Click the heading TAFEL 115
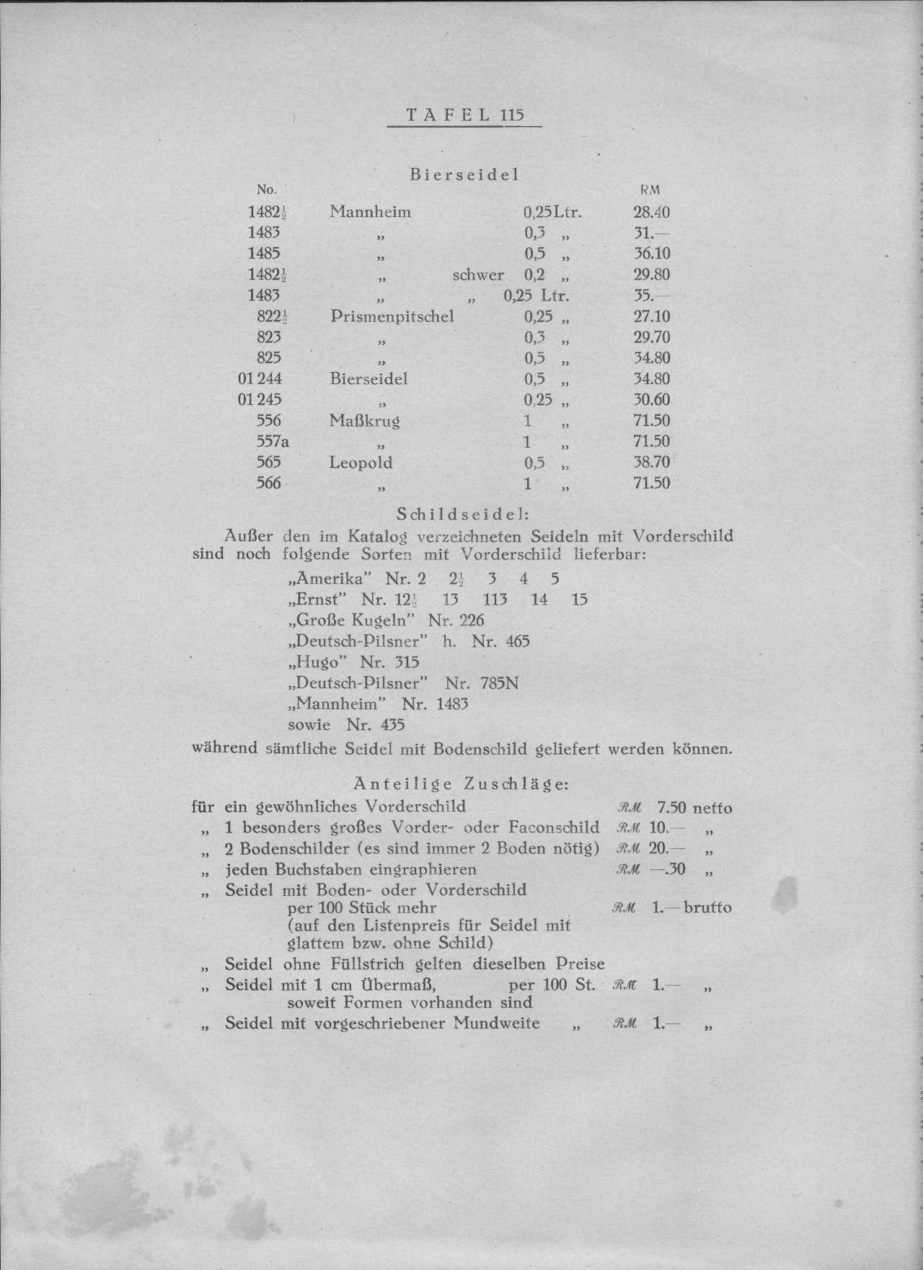(x=464, y=115)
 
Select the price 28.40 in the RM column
(x=651, y=212)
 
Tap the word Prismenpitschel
(x=392, y=316)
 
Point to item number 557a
(x=273, y=441)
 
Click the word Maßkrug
(x=364, y=420)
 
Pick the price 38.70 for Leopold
(x=651, y=462)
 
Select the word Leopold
(x=361, y=462)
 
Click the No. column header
(x=267, y=190)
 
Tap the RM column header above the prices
(x=650, y=190)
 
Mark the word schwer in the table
(x=478, y=275)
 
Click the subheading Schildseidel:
(x=464, y=515)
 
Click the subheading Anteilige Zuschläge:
(x=461, y=783)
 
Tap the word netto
(x=712, y=808)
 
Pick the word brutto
(x=707, y=907)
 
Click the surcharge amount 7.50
(x=672, y=808)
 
